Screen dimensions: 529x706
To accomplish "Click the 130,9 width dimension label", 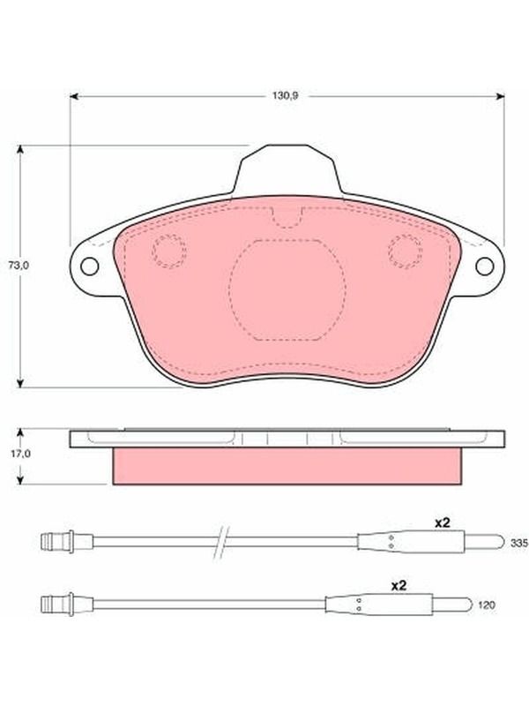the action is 285,96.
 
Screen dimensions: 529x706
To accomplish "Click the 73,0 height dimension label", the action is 19,266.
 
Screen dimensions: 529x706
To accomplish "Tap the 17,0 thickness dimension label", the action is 19,454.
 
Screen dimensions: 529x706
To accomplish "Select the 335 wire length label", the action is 519,544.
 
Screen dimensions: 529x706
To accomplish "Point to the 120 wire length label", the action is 487,605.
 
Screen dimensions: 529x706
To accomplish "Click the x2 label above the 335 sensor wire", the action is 442,522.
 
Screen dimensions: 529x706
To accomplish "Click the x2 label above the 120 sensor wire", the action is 399,586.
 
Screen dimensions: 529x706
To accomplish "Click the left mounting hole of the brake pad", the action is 90,267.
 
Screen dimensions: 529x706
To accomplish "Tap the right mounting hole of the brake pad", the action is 484,267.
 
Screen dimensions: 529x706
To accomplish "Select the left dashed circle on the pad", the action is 168,251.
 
